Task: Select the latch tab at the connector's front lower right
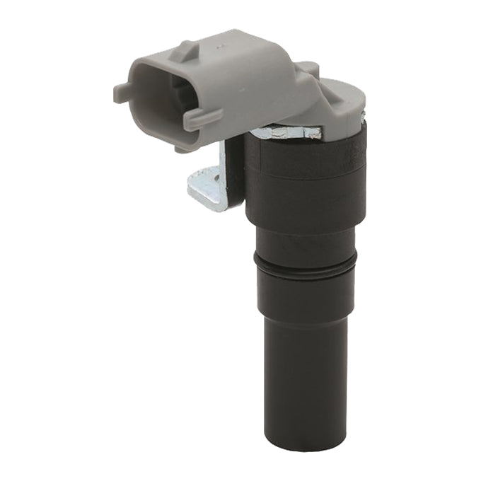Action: tap(202, 117)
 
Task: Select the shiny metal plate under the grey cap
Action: tap(283, 132)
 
